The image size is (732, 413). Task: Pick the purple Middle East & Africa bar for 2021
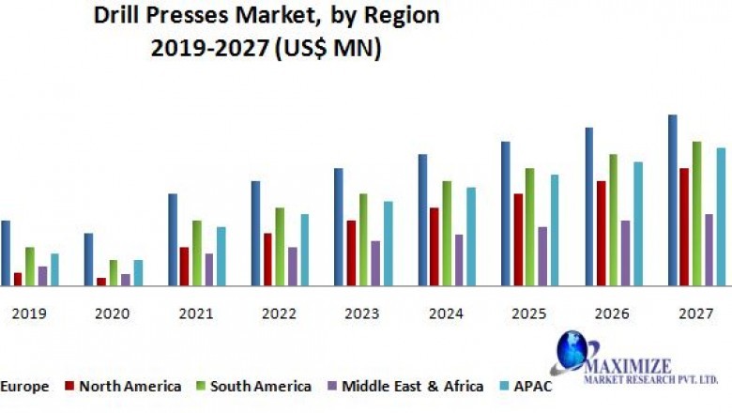(x=208, y=268)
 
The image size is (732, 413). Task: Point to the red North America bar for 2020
(x=101, y=281)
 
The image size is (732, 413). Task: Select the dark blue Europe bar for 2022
(x=255, y=232)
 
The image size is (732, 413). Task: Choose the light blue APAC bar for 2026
(x=637, y=222)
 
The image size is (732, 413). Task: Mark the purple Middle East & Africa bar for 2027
(x=709, y=249)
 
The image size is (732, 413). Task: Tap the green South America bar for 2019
(x=30, y=266)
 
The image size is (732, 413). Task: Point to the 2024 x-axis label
(x=446, y=314)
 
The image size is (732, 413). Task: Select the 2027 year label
(x=695, y=314)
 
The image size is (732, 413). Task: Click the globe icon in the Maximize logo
(x=570, y=352)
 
